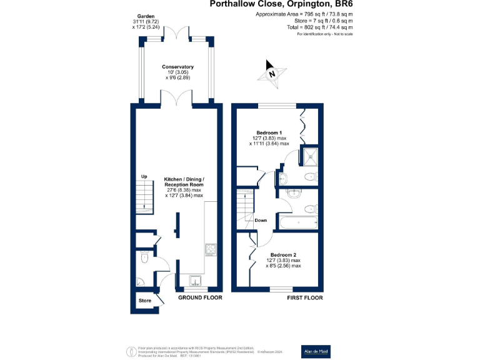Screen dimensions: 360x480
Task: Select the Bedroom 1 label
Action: [x=270, y=132]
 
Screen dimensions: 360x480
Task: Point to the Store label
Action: [x=145, y=301]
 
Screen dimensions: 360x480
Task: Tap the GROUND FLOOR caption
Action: [x=200, y=298]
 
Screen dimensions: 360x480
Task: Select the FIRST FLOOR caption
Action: [x=305, y=298]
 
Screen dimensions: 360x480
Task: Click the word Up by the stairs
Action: [x=144, y=176]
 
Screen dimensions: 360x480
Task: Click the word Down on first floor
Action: [x=261, y=220]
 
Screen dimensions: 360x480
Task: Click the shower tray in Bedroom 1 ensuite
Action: [x=310, y=154]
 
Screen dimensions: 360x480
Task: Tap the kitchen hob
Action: [x=210, y=249]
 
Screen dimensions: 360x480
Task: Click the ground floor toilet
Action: [x=144, y=256]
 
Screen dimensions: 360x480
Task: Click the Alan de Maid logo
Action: [x=316, y=351]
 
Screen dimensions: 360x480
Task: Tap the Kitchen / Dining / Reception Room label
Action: [x=184, y=184]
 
